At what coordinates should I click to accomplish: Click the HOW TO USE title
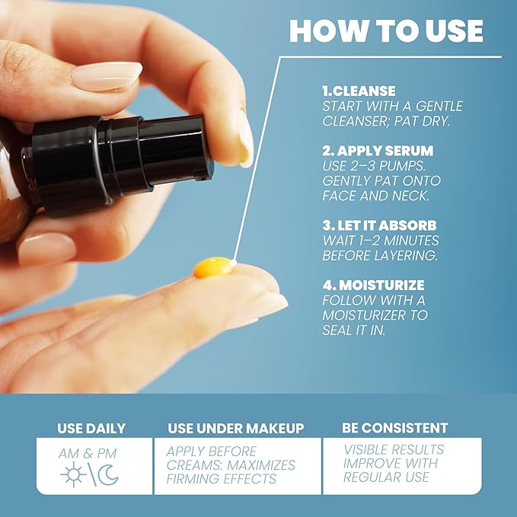pos(386,30)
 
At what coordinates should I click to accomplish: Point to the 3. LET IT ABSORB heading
pos(380,225)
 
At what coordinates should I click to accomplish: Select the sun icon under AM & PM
pos(74,476)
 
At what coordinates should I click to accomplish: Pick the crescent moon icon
pos(109,476)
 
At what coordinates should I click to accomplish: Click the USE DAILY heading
pos(91,429)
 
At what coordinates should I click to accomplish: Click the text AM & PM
pos(89,454)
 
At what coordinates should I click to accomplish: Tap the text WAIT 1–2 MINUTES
pos(380,241)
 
